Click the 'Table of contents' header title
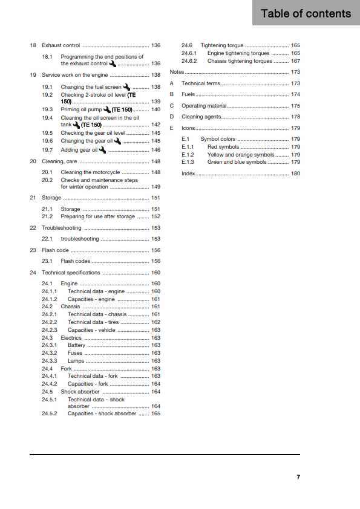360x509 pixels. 306,13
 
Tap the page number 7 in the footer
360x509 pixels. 298,477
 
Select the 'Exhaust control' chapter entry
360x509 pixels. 61,45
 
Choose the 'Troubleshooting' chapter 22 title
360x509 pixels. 61,228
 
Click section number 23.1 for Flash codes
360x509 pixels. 47,261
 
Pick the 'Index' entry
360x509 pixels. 189,173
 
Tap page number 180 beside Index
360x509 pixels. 295,173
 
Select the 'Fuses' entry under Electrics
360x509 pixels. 75,353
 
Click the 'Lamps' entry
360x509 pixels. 76,361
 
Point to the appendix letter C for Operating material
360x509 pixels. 172,106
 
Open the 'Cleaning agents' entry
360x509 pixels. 201,117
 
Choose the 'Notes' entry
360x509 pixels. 177,72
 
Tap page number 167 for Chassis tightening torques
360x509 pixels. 295,61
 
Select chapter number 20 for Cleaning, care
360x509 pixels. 33,161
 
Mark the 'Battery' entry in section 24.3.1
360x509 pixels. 77,345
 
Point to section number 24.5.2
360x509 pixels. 50,413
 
